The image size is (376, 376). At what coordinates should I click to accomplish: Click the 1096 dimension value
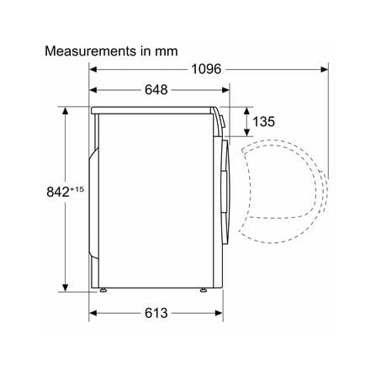[206, 69]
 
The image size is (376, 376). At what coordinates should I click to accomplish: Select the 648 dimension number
[156, 90]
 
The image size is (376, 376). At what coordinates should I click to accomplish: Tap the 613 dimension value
[156, 313]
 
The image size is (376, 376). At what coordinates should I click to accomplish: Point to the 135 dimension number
[263, 121]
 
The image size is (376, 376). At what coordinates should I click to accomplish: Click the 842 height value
[58, 192]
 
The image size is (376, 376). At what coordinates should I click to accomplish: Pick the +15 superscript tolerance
[77, 189]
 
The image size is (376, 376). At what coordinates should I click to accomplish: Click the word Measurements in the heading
[87, 51]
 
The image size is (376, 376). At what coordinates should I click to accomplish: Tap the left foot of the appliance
[103, 290]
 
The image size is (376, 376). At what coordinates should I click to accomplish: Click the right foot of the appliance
[203, 290]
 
